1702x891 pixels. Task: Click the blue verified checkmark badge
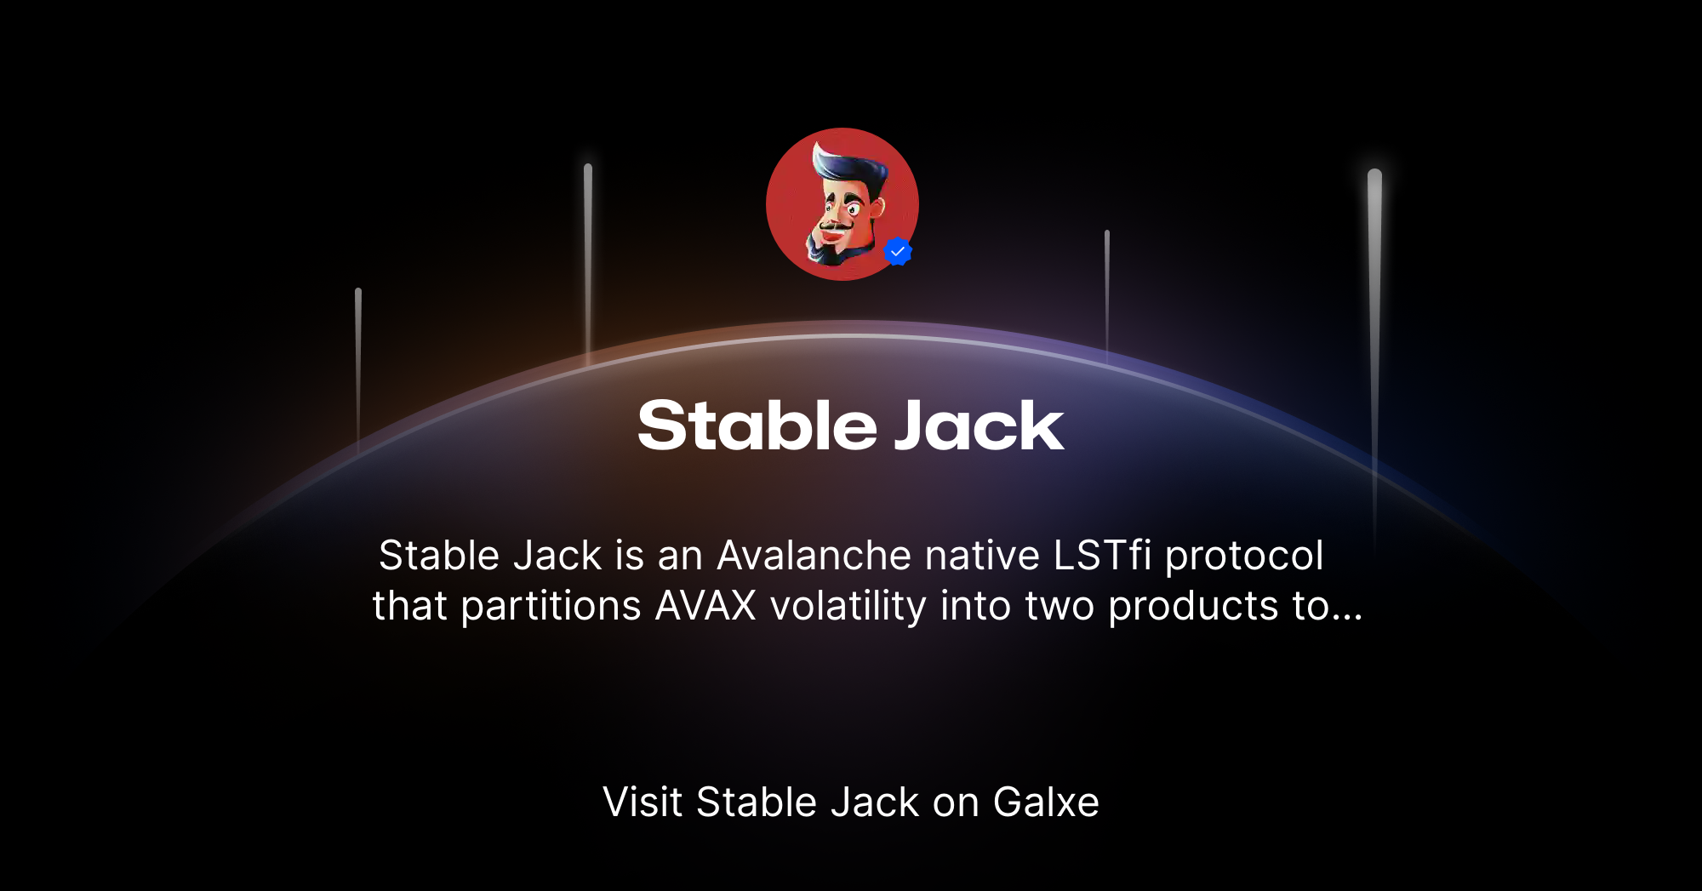[898, 252]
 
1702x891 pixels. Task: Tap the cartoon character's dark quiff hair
[847, 166]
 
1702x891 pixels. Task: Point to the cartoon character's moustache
[835, 226]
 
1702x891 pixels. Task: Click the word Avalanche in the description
[814, 556]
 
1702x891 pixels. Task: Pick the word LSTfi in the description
[1102, 556]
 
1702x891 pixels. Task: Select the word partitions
[551, 607]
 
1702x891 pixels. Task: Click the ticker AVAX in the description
[705, 607]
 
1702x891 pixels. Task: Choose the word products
[1193, 607]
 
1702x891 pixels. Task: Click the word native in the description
[982, 556]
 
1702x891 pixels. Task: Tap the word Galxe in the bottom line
[1046, 802]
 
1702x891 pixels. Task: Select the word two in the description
[1059, 607]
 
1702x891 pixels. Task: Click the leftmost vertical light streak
[358, 366]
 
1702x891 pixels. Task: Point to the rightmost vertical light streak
[1374, 340]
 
